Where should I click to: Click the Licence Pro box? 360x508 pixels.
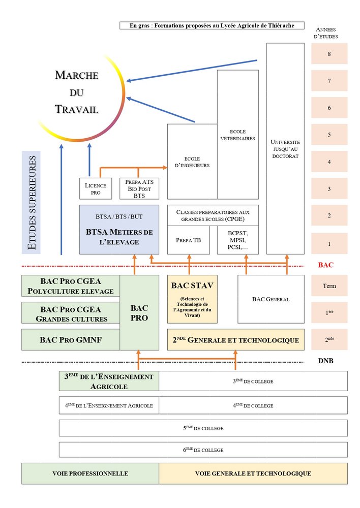(96, 188)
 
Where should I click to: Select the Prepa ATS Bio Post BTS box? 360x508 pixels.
(139, 188)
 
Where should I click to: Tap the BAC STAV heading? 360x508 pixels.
(192, 285)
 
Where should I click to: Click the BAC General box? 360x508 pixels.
(271, 299)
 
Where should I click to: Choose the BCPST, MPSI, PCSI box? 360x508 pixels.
(237, 240)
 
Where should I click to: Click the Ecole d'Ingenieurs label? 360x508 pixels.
(192, 162)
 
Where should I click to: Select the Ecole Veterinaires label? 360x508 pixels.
(237, 135)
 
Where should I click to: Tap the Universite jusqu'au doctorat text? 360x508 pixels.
(285, 149)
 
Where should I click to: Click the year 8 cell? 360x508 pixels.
(329, 54)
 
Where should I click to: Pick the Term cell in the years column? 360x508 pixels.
(329, 286)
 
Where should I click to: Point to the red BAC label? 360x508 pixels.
(325, 265)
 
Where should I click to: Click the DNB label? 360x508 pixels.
(325, 361)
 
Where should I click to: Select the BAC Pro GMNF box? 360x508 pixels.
(71, 339)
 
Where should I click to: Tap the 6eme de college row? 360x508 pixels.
(203, 450)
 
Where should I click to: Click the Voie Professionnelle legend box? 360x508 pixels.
(90, 473)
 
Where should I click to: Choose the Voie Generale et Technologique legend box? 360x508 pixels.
(253, 473)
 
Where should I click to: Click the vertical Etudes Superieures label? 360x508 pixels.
(32, 202)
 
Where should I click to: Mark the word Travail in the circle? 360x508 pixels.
(76, 109)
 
